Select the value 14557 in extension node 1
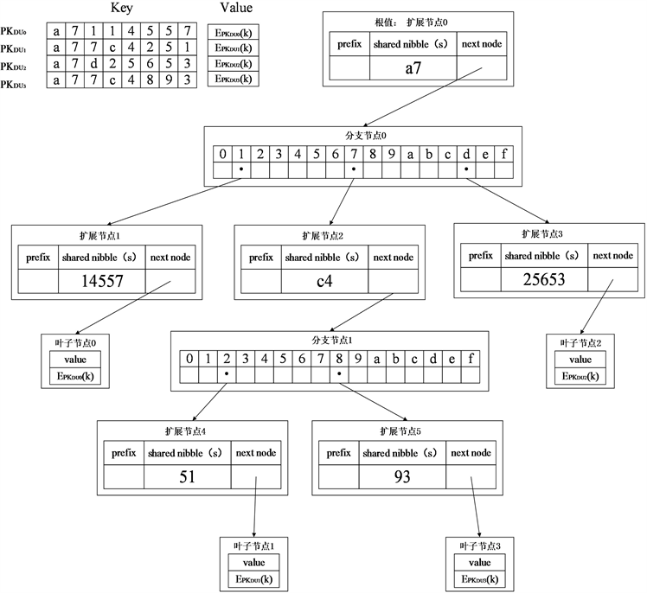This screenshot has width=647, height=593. coord(102,281)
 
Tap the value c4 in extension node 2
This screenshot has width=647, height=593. coord(324,281)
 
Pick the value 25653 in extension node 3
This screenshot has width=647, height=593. coord(545,278)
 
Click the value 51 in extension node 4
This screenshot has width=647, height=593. coord(188,476)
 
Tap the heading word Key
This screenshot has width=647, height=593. coord(122,9)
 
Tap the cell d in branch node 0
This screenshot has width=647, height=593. coord(466,155)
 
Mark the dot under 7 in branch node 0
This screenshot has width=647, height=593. coord(354,169)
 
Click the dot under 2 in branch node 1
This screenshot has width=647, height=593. coord(226,374)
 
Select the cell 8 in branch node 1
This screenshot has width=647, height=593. coord(339,358)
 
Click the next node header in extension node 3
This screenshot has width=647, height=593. coord(614,255)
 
